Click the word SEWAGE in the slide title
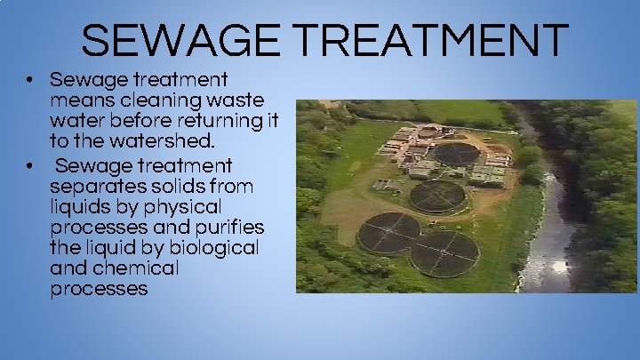164,40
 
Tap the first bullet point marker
29,79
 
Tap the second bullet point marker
29,165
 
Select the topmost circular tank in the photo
456,154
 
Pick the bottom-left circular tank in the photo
388,233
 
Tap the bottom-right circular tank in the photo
444,252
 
